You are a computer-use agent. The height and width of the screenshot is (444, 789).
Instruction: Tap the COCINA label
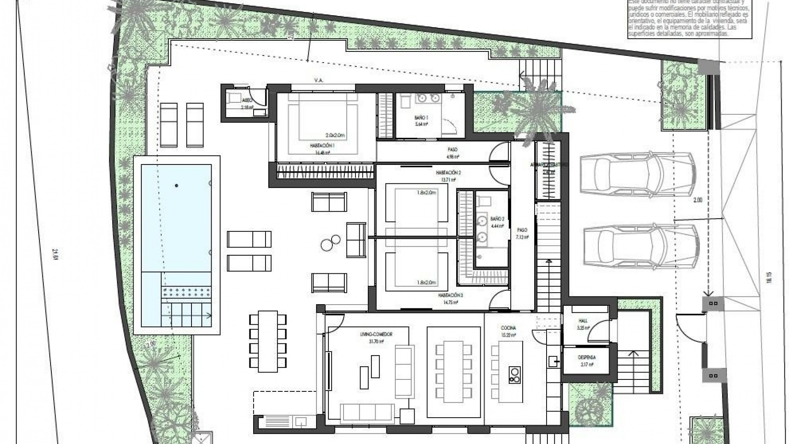click(508, 328)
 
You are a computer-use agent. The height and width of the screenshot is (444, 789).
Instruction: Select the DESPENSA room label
click(586, 358)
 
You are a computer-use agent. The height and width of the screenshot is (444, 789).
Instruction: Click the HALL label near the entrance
click(583, 322)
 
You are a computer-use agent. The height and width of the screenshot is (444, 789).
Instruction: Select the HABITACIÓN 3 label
click(450, 295)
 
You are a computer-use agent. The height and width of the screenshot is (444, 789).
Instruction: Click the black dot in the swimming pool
click(177, 186)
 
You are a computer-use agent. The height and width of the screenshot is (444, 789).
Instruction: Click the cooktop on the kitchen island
click(514, 375)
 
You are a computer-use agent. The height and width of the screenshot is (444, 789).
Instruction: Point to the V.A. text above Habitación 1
click(318, 81)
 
